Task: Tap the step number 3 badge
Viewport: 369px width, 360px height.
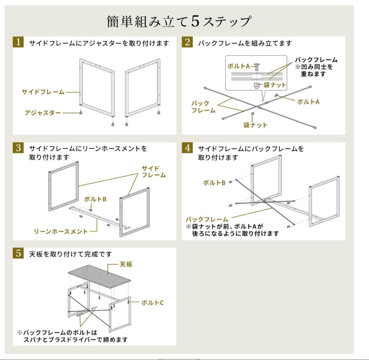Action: pyautogui.click(x=18, y=148)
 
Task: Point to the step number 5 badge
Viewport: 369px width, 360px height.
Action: pyautogui.click(x=18, y=254)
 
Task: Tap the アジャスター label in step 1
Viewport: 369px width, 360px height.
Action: pyautogui.click(x=43, y=113)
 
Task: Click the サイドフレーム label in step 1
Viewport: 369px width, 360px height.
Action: pyautogui.click(x=43, y=92)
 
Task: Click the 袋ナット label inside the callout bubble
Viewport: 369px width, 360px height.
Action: pyautogui.click(x=274, y=85)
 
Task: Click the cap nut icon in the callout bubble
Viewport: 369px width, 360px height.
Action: pyautogui.click(x=256, y=84)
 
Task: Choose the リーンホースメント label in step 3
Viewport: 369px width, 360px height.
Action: pyautogui.click(x=60, y=231)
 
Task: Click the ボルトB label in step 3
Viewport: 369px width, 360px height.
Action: pyautogui.click(x=95, y=199)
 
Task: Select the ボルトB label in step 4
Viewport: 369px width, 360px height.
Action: pyautogui.click(x=214, y=183)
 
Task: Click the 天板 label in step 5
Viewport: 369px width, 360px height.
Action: pyautogui.click(x=125, y=264)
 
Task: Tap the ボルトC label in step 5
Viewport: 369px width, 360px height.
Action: pyautogui.click(x=152, y=302)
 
